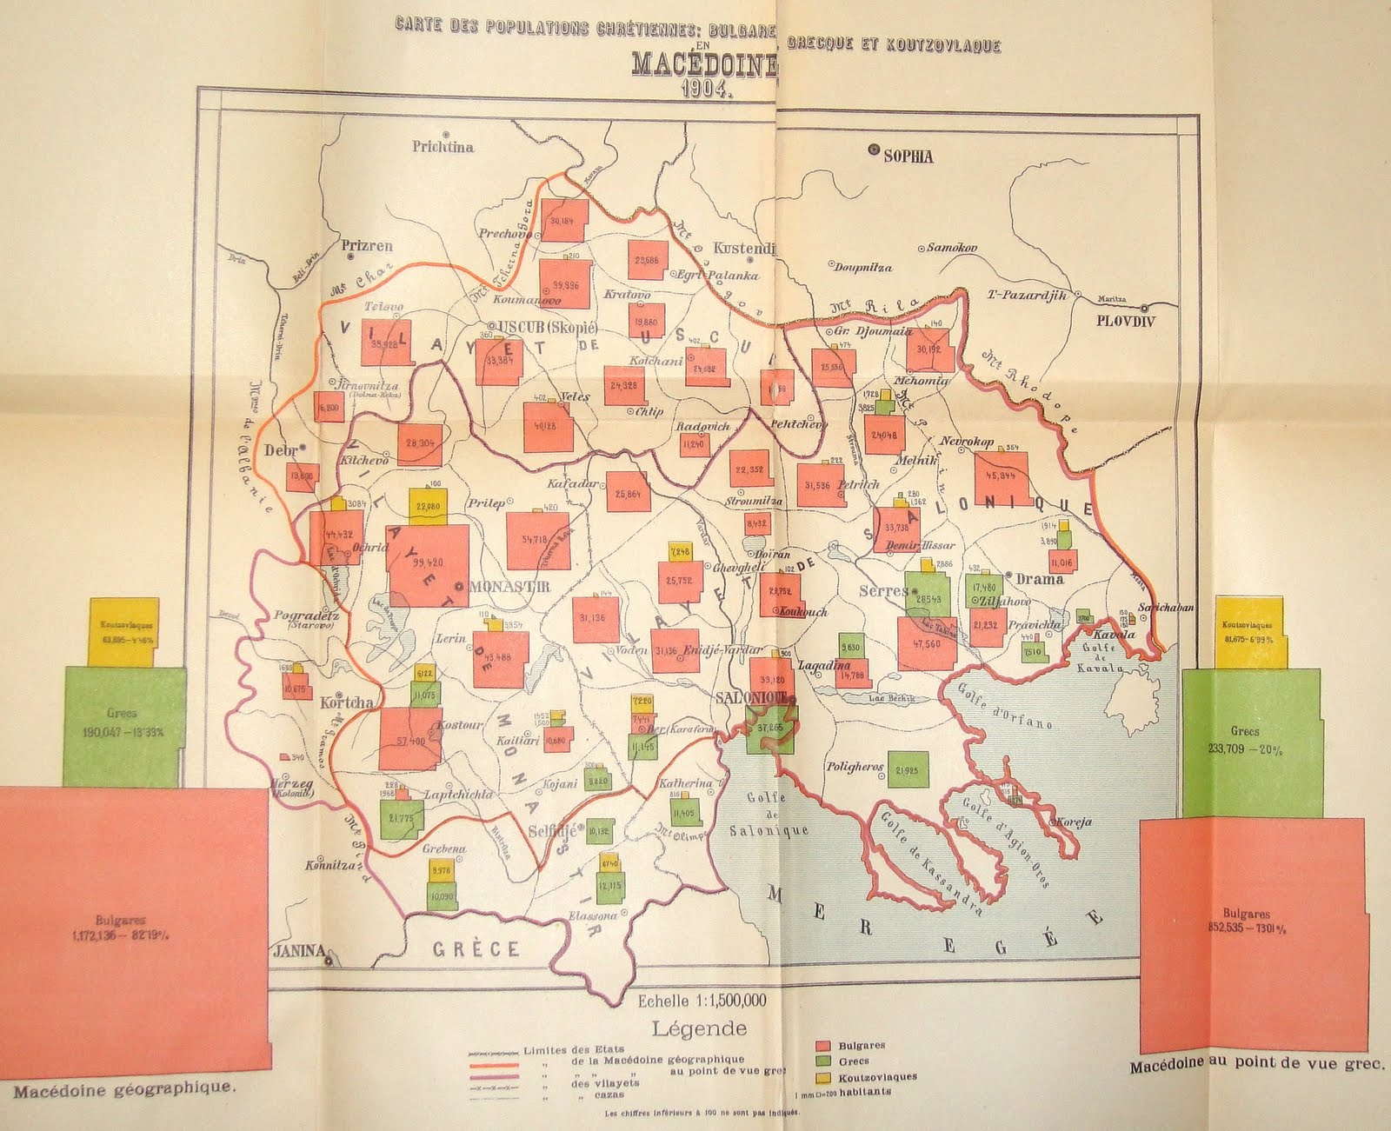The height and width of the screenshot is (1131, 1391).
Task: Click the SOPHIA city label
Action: pos(908,156)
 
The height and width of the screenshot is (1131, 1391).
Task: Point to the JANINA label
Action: pos(295,949)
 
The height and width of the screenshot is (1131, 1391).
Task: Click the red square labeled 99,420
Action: pos(428,564)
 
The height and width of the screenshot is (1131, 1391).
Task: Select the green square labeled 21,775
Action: pos(401,817)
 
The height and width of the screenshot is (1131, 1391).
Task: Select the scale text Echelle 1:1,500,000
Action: pos(702,1001)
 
